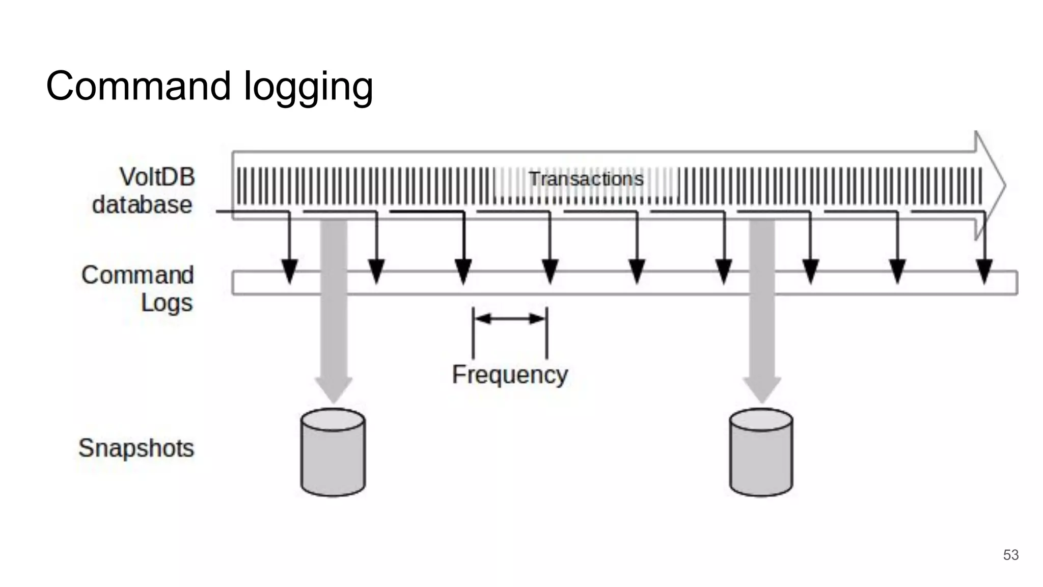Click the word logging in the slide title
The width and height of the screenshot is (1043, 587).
pos(309,88)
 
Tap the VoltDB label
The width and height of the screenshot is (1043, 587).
pos(157,177)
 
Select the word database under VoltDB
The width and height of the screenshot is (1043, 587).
pos(142,205)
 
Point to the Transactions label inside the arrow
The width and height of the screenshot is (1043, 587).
pos(586,179)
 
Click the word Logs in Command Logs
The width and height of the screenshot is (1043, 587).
pos(167,303)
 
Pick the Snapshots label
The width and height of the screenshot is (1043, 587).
pos(136,448)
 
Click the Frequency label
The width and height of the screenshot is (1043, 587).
pos(510,375)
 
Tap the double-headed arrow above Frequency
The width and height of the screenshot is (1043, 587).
pos(510,319)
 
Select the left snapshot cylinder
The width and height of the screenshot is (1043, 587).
pos(333,452)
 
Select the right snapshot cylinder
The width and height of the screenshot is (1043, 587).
pos(761,452)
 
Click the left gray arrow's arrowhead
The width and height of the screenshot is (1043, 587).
pos(334,389)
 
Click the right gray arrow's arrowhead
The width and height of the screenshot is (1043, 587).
pos(762,389)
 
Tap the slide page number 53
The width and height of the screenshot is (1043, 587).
pos(1011,555)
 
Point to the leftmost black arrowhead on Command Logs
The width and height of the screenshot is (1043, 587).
pos(289,271)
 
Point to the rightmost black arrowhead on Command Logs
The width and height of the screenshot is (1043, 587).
pos(984,271)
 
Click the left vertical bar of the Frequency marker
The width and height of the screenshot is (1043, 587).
pos(473,332)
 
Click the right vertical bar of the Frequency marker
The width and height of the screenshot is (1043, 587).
pos(546,332)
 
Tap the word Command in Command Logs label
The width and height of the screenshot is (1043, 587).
pos(138,275)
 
